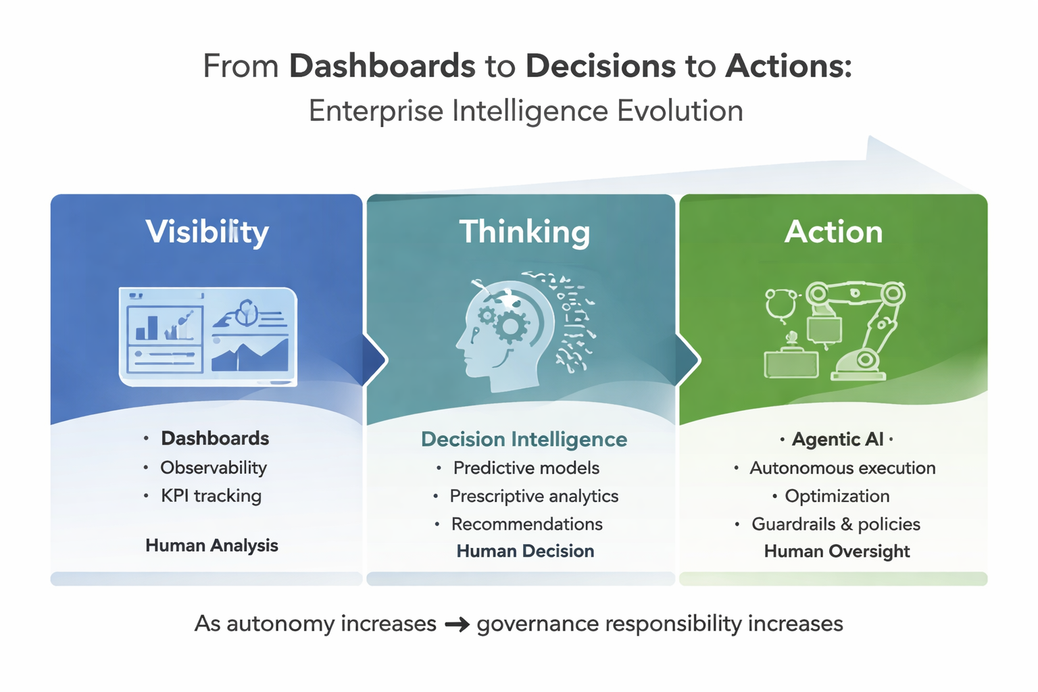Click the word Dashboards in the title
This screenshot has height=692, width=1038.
point(382,66)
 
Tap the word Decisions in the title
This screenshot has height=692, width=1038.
point(601,66)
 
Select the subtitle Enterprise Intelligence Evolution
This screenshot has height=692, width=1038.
point(526,111)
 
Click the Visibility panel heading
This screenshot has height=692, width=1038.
point(207,232)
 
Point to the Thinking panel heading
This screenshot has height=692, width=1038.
point(524,232)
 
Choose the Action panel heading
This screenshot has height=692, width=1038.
point(833,232)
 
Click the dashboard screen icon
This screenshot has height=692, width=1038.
point(208,337)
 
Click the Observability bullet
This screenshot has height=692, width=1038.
point(213,468)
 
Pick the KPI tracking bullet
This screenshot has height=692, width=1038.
point(211,496)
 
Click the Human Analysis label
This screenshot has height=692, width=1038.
point(212,545)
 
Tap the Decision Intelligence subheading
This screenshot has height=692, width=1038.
point(524,439)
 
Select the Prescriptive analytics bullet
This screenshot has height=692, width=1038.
point(534,496)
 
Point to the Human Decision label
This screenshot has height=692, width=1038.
point(525,551)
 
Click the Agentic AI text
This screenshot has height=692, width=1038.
point(837,439)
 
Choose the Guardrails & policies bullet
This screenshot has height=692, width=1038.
point(836,524)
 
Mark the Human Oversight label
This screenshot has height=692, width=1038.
point(837,551)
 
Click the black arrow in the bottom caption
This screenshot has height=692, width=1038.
point(457,624)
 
